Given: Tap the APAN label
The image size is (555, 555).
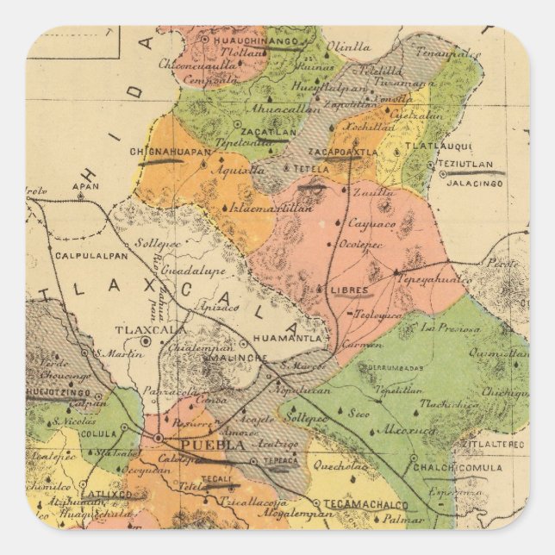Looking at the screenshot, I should [x=83, y=185].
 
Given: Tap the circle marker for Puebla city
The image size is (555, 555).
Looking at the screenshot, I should [x=159, y=440].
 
